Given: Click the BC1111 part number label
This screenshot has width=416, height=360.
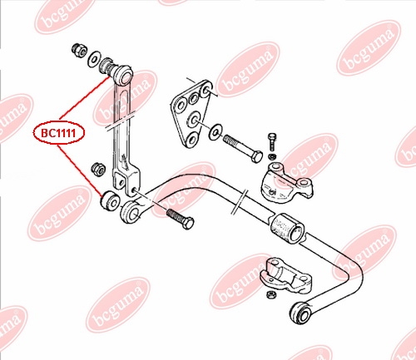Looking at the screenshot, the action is tap(58, 133).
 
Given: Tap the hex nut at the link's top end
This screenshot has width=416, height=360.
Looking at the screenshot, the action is tap(80, 50).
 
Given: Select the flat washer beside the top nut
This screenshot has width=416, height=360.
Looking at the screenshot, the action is tap(94, 59).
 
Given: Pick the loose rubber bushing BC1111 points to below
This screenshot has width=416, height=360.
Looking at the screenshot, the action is tap(110, 200).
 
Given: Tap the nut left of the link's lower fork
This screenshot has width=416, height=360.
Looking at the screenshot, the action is tap(98, 169).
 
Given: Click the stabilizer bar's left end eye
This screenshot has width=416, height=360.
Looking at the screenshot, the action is tap(131, 212).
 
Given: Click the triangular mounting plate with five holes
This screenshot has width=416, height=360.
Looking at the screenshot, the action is tap(191, 114).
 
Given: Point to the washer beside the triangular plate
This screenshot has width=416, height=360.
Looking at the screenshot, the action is tap(215, 132).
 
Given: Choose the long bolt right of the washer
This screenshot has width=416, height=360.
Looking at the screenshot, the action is tap(243, 148).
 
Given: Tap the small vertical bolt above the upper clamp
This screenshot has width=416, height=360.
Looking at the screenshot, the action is tap(272, 142).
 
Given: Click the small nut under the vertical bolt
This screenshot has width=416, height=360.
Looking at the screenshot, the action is tap(272, 156).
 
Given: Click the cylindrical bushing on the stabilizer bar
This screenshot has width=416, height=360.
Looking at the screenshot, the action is tap(287, 229).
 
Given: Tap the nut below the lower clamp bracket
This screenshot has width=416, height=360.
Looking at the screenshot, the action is tap(270, 295).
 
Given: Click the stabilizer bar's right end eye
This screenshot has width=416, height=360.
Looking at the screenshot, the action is tap(301, 313).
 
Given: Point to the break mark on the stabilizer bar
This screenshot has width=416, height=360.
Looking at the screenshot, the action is tap(239, 202).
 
